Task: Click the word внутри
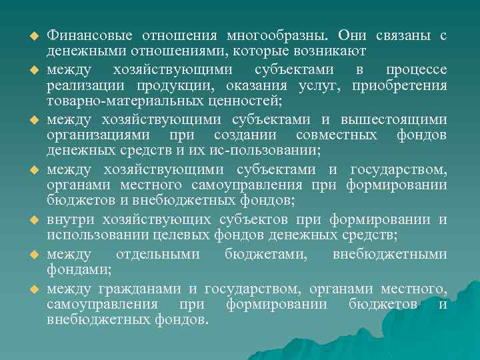pos(70,220)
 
